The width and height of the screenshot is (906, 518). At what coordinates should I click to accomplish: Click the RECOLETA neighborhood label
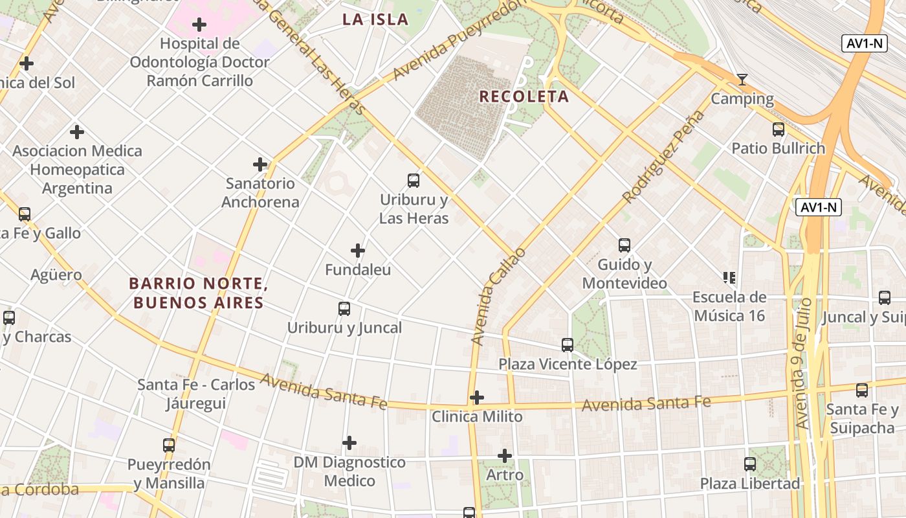pyautogui.click(x=524, y=97)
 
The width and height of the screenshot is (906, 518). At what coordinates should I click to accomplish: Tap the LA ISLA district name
pyautogui.click(x=375, y=19)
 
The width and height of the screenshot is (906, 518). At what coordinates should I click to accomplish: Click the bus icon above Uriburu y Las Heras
pyautogui.click(x=414, y=181)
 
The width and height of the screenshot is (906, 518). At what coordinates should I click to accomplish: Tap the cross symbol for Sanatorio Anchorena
pyautogui.click(x=260, y=164)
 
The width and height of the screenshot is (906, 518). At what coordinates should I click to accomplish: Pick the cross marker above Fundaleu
pyautogui.click(x=358, y=251)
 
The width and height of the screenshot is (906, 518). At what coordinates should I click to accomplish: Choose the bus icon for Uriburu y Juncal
pyautogui.click(x=344, y=309)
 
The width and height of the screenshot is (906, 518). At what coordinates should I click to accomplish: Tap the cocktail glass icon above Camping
pyautogui.click(x=742, y=80)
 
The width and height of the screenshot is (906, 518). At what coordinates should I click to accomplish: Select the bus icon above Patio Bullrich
pyautogui.click(x=779, y=129)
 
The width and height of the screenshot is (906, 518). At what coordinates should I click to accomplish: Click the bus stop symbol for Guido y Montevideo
pyautogui.click(x=624, y=245)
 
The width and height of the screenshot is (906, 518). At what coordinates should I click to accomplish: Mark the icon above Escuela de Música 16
pyautogui.click(x=729, y=278)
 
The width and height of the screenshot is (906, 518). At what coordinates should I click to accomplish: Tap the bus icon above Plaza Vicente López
pyautogui.click(x=568, y=345)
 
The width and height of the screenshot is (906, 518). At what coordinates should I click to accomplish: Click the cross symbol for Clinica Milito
pyautogui.click(x=477, y=398)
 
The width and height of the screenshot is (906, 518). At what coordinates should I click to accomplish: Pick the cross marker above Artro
pyautogui.click(x=505, y=456)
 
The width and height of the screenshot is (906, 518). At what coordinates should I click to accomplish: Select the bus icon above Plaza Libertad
pyautogui.click(x=750, y=464)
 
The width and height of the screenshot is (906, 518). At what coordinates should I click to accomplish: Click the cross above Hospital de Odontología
pyautogui.click(x=199, y=25)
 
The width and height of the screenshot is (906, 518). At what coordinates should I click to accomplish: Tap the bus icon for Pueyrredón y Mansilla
pyautogui.click(x=169, y=445)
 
